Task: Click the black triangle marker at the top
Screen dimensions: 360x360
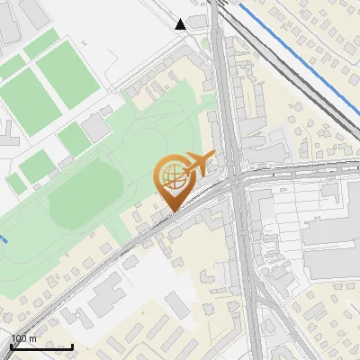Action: tap(181, 23)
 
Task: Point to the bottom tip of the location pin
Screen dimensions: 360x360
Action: tap(171, 212)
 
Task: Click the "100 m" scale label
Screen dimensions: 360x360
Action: tap(24, 338)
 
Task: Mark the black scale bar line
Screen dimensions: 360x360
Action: tap(41, 346)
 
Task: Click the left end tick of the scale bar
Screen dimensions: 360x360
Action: tap(10, 346)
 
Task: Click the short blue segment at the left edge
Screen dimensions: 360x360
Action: tap(4, 239)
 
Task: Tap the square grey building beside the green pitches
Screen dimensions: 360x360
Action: tap(96, 130)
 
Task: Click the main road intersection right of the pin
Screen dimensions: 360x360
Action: tap(236, 180)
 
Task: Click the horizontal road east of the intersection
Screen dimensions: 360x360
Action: tap(297, 173)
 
